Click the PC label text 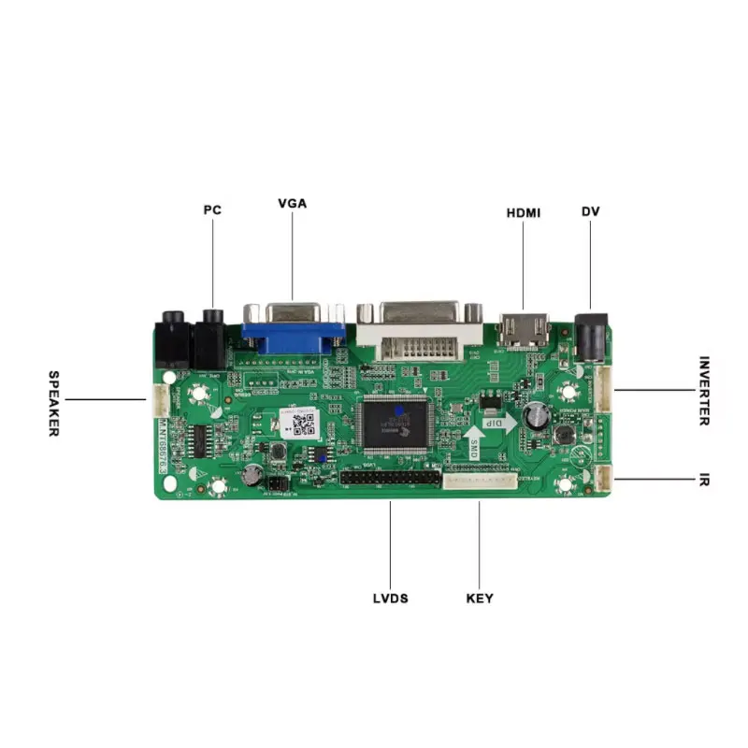coord(212,210)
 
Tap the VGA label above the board coord(292,203)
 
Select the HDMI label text coord(524,212)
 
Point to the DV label coord(590,211)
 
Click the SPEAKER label coord(53,403)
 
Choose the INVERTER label coord(703,391)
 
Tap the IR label coord(703,481)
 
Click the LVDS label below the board coord(390,598)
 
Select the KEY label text coord(479,598)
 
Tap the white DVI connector coord(421,332)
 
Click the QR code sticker coord(301,424)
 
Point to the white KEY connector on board coord(479,481)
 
